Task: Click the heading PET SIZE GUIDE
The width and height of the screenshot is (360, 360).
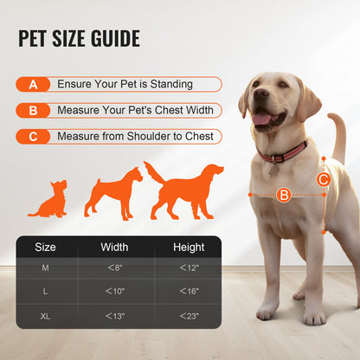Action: click(79, 40)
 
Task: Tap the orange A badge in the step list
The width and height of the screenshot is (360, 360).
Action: click(33, 85)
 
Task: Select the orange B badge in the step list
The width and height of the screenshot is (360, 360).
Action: click(33, 111)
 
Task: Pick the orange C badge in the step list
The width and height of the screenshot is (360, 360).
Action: click(33, 137)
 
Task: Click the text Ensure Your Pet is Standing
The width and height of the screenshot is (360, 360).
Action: click(125, 85)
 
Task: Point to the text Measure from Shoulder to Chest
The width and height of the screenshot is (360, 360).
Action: click(134, 137)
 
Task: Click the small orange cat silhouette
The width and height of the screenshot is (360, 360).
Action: click(48, 199)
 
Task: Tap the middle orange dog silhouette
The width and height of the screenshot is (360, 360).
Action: click(112, 193)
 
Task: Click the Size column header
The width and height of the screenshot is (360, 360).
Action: click(45, 247)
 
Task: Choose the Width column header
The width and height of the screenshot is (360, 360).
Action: click(114, 247)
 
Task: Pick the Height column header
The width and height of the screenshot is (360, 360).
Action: click(189, 247)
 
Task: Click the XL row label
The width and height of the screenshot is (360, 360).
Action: click(45, 316)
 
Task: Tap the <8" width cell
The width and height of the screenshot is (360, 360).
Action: click(114, 268)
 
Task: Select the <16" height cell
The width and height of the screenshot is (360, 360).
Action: click(189, 292)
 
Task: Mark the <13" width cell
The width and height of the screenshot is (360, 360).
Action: click(114, 316)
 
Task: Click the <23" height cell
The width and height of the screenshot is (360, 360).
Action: click(189, 316)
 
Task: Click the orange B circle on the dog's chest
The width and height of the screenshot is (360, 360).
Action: click(283, 196)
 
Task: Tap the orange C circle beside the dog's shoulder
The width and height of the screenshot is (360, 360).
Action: click(323, 180)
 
